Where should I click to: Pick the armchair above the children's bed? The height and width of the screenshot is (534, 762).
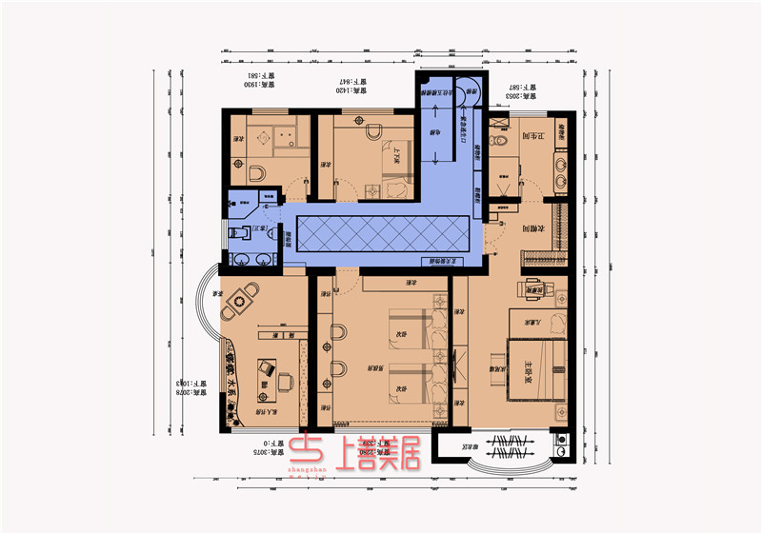tap(533, 287)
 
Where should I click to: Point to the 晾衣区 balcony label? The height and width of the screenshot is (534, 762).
tap(455, 445)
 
